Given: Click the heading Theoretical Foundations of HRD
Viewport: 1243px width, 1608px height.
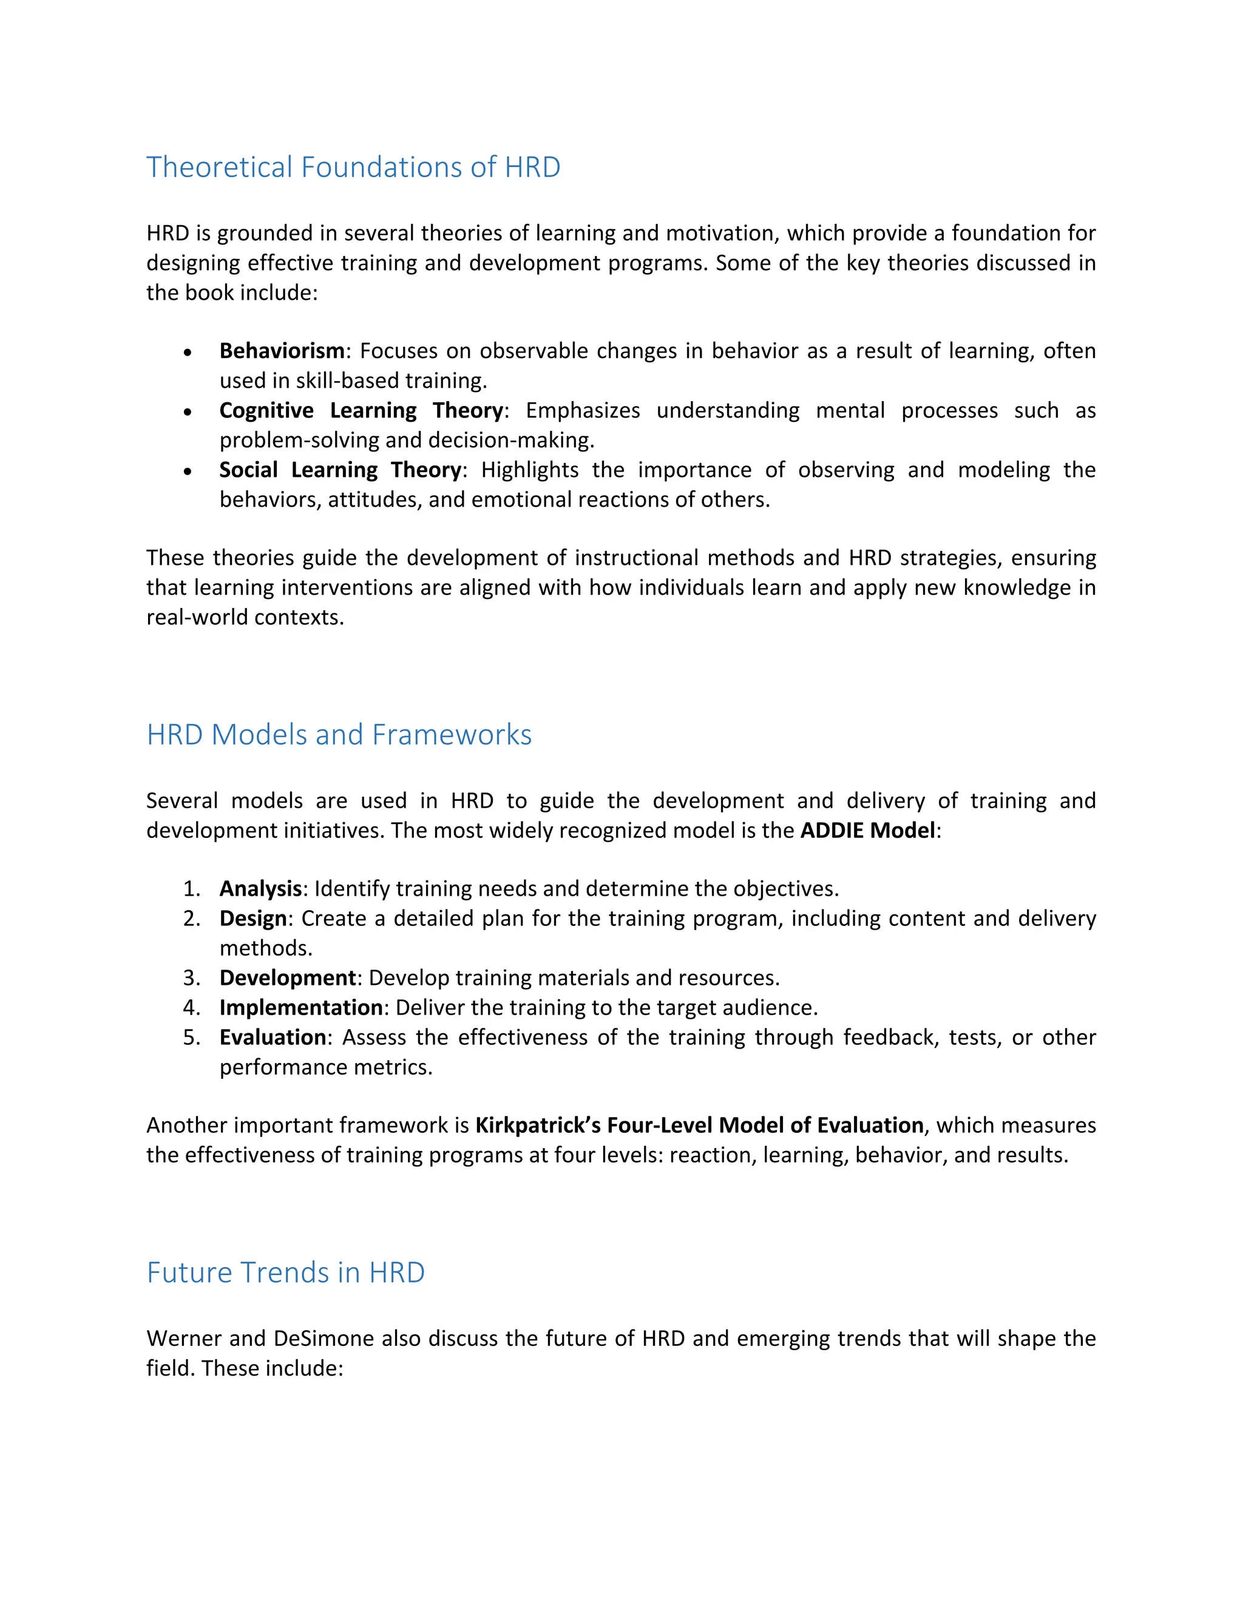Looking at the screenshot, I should [353, 167].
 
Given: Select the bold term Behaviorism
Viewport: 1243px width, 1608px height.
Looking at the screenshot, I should [281, 351].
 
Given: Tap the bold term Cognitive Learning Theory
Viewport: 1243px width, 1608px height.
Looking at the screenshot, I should [361, 410].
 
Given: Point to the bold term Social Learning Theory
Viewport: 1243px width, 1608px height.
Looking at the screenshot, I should [340, 470].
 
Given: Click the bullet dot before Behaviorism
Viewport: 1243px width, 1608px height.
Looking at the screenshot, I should [189, 353].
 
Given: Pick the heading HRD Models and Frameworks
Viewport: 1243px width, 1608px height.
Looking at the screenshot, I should [339, 735].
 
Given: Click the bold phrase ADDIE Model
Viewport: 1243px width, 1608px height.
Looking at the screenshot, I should [867, 831].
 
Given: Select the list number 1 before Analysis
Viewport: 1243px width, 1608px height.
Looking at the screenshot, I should [191, 890].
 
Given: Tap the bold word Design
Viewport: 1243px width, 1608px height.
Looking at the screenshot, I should [252, 919].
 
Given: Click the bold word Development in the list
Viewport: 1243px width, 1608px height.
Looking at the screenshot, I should [287, 978].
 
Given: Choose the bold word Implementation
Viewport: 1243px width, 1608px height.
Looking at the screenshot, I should [300, 1007].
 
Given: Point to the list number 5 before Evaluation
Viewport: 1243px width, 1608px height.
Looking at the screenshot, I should [191, 1038].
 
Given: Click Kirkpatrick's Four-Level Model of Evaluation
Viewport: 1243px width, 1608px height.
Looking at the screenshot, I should [699, 1126].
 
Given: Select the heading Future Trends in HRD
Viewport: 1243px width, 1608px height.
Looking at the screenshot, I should [286, 1273].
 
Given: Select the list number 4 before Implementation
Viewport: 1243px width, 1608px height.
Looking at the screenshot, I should [191, 1008].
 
